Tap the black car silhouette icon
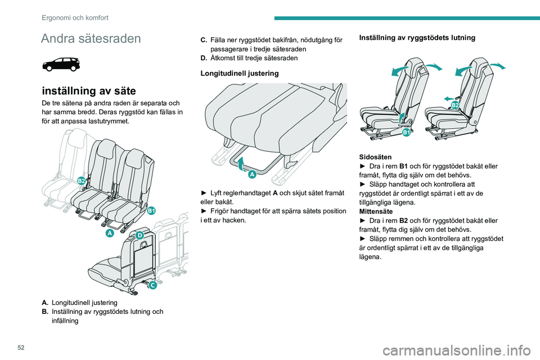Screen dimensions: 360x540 point(61,64)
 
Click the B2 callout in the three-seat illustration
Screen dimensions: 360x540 point(82,180)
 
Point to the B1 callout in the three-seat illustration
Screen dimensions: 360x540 point(151,210)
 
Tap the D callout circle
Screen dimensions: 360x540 point(139,235)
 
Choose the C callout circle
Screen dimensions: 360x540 point(152,285)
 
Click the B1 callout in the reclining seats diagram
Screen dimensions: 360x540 point(406,132)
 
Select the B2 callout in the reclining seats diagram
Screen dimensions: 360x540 point(455,105)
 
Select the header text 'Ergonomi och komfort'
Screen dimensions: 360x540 point(75,17)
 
